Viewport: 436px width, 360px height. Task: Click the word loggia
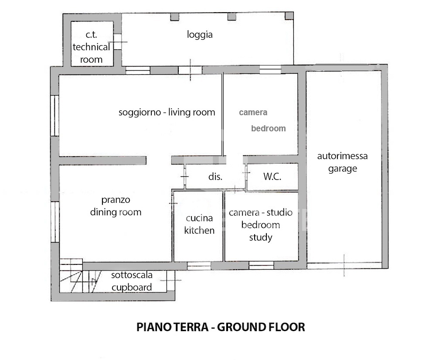[200, 35]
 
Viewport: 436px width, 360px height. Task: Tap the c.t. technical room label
[91, 47]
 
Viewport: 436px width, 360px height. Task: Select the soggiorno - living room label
[167, 113]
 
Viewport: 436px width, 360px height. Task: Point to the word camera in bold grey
[253, 113]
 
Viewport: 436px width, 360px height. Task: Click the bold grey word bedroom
[268, 128]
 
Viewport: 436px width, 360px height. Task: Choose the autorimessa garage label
[342, 162]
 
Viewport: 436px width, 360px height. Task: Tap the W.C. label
[272, 176]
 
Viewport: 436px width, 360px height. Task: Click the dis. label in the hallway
[215, 176]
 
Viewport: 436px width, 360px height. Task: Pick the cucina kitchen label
[199, 224]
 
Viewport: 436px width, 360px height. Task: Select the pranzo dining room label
[116, 206]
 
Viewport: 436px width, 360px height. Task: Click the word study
[261, 237]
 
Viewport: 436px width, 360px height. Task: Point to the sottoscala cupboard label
[132, 281]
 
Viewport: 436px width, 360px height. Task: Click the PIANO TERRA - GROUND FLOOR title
[221, 327]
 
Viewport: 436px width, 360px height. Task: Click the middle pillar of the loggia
[232, 17]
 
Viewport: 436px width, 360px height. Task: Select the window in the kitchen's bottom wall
[199, 266]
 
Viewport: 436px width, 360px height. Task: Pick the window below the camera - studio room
[261, 265]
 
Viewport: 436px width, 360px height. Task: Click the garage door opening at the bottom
[344, 266]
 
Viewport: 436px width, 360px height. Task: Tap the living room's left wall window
[55, 116]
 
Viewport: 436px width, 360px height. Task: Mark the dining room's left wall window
[55, 222]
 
